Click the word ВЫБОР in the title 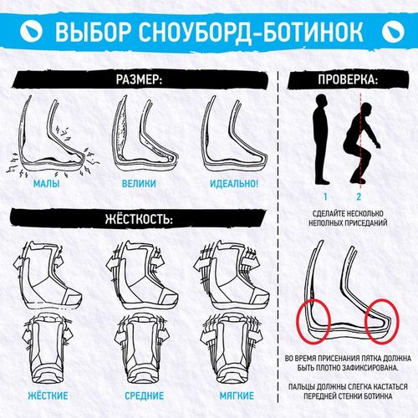93,31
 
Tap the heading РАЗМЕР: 139,79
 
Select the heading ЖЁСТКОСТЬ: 139,219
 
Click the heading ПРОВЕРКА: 348,79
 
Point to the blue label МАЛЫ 46,184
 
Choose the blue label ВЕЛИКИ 139,184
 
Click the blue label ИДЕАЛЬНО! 234,184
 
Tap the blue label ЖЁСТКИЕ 48,395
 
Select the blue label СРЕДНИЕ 144,395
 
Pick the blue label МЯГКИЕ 237,395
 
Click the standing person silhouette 322,140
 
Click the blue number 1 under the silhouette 325,196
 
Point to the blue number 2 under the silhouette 359,196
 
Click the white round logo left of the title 31,31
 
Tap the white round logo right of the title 393,31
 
